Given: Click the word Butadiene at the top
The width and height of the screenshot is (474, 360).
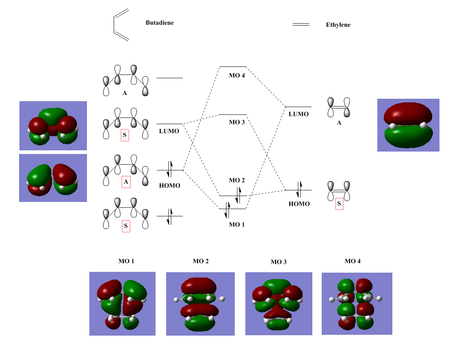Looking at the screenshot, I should pos(160,23).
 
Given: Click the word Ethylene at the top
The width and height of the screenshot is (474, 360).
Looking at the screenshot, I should pos(338,25).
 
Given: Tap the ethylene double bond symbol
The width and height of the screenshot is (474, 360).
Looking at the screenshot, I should pos(301,25).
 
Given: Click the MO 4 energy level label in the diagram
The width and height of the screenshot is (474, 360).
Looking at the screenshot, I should pos(238,76).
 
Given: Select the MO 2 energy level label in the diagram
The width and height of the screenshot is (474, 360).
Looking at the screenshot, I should pos(237,180).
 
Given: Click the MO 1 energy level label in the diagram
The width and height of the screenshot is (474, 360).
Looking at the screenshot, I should pos(236,224).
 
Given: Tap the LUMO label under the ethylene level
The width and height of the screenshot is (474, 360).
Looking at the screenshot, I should pos(299,114).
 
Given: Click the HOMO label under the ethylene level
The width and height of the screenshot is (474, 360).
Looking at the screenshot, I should pos(299,204).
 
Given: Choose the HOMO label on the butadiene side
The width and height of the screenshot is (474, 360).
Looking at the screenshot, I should pos(169,185).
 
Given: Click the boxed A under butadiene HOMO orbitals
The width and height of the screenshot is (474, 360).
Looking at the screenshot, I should pos(126,182).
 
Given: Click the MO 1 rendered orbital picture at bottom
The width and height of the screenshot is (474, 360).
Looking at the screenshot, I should pos(122,304).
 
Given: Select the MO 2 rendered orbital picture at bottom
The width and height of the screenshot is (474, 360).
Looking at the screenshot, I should pos(200,304).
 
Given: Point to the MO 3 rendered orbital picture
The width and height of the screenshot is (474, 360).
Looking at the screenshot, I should pos(279,304).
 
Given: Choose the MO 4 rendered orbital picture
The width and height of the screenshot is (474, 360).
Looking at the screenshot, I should pos(357,303).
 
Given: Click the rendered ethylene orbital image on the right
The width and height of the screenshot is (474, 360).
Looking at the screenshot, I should pos(408,125).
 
